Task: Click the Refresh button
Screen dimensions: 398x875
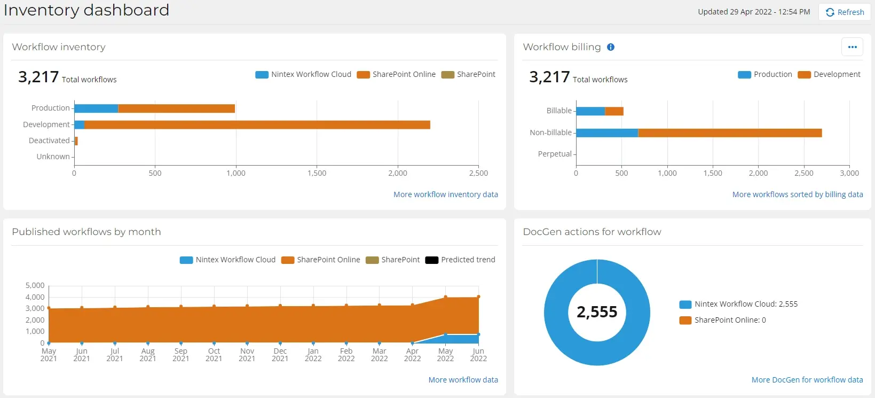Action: [845, 12]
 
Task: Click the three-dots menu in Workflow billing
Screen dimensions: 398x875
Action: [852, 47]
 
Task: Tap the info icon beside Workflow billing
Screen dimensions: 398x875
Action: [611, 47]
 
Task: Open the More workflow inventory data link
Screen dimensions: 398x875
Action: [445, 194]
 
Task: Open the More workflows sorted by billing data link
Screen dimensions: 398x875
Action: [797, 194]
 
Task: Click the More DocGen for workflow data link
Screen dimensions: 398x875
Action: [807, 380]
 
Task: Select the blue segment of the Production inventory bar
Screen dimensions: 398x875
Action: [96, 108]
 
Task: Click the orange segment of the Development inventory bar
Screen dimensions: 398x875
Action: [256, 124]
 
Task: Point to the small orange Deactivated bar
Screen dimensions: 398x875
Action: [76, 141]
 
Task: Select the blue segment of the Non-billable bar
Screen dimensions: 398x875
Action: [606, 132]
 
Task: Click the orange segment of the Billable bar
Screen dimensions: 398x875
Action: [614, 111]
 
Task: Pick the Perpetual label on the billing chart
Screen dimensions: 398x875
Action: [555, 154]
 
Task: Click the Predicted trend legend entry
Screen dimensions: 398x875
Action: [460, 260]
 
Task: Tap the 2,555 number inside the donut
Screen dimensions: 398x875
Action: [597, 312]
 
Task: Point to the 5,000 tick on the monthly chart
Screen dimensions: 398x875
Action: [35, 285]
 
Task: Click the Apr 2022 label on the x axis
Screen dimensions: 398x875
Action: [412, 355]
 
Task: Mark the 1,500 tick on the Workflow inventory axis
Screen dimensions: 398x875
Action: [317, 173]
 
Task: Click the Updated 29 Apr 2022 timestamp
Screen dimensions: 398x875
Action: [754, 12]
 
